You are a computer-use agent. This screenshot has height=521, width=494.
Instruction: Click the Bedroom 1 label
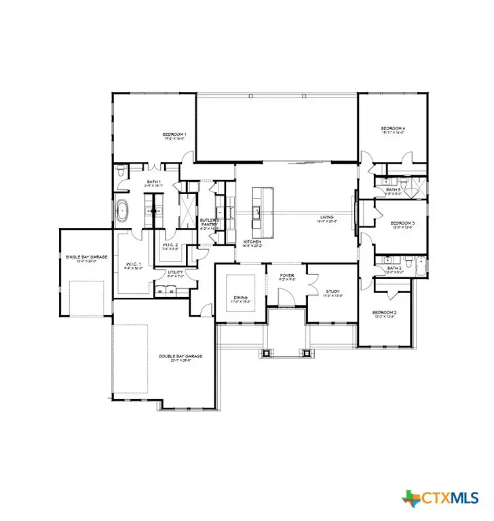click(x=174, y=134)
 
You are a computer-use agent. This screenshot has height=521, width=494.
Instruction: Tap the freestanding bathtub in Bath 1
click(x=122, y=211)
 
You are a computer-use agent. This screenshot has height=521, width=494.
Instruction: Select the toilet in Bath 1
click(x=119, y=172)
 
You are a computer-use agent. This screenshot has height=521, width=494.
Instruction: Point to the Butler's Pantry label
click(x=208, y=222)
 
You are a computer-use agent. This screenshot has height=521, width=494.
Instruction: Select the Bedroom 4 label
click(x=392, y=128)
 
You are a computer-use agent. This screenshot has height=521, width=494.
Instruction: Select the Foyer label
click(x=287, y=275)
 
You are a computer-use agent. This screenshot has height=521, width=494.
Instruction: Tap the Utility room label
click(x=176, y=273)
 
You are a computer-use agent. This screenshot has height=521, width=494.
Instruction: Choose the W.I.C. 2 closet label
click(x=170, y=245)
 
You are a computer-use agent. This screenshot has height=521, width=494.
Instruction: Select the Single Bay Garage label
click(x=81, y=256)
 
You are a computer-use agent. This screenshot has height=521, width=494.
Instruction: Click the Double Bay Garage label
click(x=180, y=355)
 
